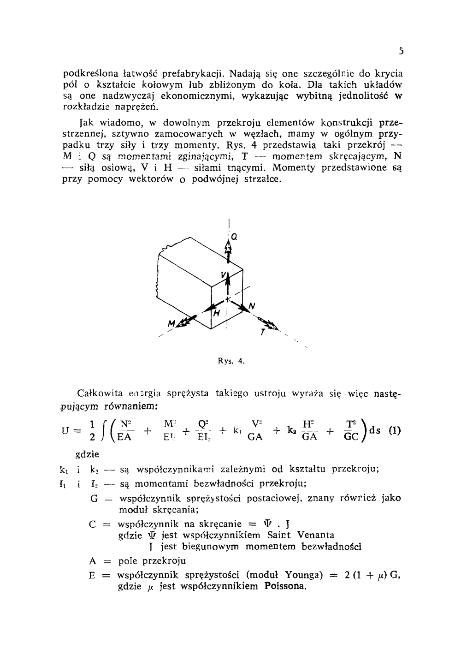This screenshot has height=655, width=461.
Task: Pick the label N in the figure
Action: [x=252, y=306]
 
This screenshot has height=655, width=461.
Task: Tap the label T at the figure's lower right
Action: [x=262, y=332]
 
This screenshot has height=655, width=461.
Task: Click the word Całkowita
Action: [x=100, y=393]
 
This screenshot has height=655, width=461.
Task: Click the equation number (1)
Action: [x=395, y=431]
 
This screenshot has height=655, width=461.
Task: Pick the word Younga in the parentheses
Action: [x=303, y=575]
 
